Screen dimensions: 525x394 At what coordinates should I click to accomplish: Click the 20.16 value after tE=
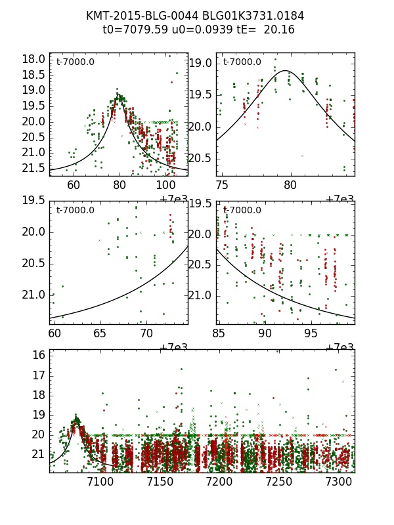279,30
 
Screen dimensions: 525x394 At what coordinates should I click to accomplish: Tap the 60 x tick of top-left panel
73,185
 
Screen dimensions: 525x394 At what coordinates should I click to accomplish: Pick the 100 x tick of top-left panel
165,185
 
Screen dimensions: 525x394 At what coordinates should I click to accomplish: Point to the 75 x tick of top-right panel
223,185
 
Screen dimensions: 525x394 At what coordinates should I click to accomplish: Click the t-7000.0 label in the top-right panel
242,62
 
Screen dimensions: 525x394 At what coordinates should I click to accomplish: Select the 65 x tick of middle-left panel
99,333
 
